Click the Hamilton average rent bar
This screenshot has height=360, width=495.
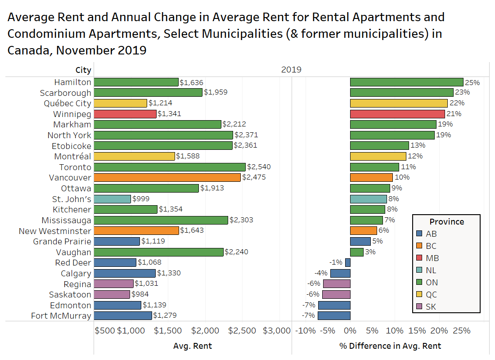coord(136,82)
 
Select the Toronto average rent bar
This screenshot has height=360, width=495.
coord(170,167)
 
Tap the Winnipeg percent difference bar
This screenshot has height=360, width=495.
coord(397,114)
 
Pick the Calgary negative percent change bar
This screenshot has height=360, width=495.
coord(340,273)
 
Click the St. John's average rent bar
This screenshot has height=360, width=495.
coord(112,199)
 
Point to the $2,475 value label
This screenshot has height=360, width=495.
coord(254,177)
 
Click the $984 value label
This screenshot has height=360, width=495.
coord(140,294)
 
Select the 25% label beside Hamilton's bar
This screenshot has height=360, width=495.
coord(472,83)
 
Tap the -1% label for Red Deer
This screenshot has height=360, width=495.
coord(336,262)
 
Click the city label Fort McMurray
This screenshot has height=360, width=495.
coord(61,316)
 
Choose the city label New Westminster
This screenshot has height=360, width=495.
coord(55,231)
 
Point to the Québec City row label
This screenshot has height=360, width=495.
coord(67,103)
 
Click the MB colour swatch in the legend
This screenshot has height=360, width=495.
coord(419,258)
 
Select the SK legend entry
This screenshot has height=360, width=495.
coord(427,306)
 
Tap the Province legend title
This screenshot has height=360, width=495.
coord(447,222)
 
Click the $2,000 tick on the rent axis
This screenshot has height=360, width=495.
coord(205,331)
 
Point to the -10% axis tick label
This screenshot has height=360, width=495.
coord(306,331)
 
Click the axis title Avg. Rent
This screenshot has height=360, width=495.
coord(193,346)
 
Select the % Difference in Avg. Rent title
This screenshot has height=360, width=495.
coord(390,346)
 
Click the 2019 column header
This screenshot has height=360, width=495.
coord(291,70)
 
